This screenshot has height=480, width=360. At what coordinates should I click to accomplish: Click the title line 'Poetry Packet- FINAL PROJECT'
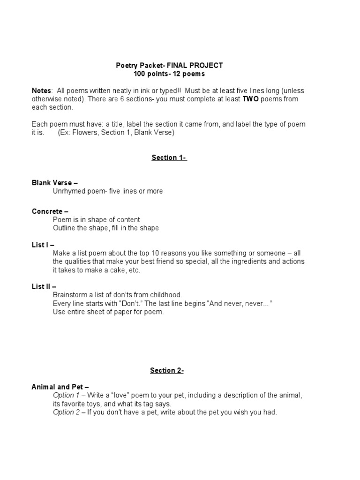point(169,66)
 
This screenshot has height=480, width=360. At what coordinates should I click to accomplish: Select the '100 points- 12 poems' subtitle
point(169,74)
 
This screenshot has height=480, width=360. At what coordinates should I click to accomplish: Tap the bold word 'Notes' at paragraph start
point(41,90)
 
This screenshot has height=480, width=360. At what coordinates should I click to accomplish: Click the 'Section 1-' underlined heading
point(169,157)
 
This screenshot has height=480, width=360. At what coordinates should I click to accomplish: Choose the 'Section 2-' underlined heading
point(167,370)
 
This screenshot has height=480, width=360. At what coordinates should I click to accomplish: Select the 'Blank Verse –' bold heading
point(51,183)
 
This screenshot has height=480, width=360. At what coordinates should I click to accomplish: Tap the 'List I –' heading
point(43,245)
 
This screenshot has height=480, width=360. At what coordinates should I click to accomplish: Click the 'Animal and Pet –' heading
point(60,387)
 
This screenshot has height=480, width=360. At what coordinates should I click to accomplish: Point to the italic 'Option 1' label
point(67,396)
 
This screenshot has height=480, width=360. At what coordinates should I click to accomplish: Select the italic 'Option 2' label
point(67,412)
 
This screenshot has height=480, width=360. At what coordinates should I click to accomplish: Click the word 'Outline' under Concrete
point(64,228)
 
